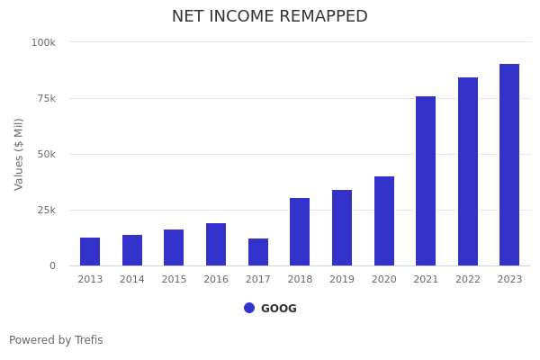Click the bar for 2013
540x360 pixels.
pyautogui.click(x=90, y=252)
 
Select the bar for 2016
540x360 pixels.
pyautogui.click(x=216, y=245)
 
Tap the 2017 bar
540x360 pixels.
pyautogui.click(x=258, y=252)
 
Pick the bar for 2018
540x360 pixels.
pyautogui.click(x=300, y=232)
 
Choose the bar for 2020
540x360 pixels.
pyautogui.click(x=384, y=221)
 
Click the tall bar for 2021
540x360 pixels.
pyautogui.click(x=426, y=181)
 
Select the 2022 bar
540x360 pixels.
pyautogui.click(x=468, y=172)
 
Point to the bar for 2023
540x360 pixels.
pyautogui.click(x=509, y=165)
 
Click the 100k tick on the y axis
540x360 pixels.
pyautogui.click(x=43, y=42)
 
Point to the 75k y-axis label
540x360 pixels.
pyautogui.click(x=45, y=98)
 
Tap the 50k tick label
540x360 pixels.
pyautogui.click(x=45, y=154)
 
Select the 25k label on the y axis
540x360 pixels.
pyautogui.click(x=45, y=210)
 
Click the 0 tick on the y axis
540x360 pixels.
pyautogui.click(x=52, y=265)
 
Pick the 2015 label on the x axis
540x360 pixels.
pyautogui.click(x=174, y=280)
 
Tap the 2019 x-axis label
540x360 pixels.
pyautogui.click(x=342, y=280)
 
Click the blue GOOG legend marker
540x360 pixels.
pyautogui.click(x=249, y=308)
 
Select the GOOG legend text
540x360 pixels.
pyautogui.click(x=279, y=309)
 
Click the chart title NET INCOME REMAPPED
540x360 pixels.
pyautogui.click(x=270, y=17)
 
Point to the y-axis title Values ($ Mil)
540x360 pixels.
pyautogui.click(x=19, y=154)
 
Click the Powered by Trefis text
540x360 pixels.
pyautogui.click(x=56, y=340)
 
